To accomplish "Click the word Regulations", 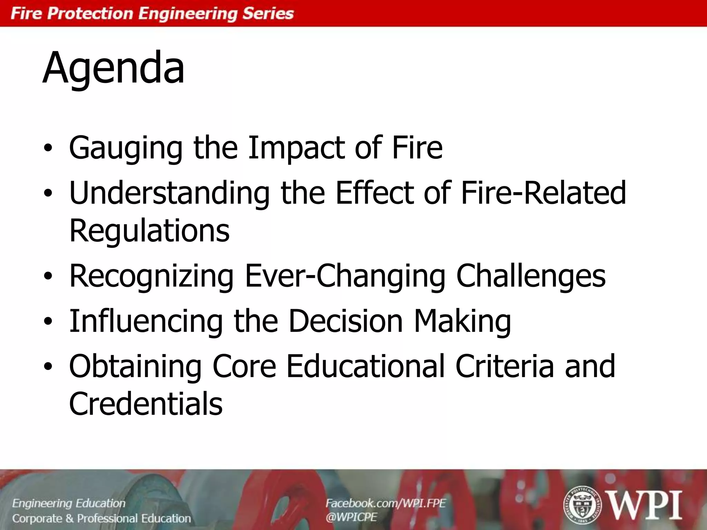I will tap(149, 230).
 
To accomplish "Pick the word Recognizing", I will tap(152, 276).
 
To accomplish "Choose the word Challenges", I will tap(531, 276).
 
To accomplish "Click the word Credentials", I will tap(146, 403).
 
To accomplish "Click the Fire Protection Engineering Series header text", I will tap(152, 14).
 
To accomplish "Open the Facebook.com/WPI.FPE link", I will tap(386, 503).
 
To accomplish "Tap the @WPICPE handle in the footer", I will tap(351, 517).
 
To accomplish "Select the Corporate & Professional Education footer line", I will tap(101, 518).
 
